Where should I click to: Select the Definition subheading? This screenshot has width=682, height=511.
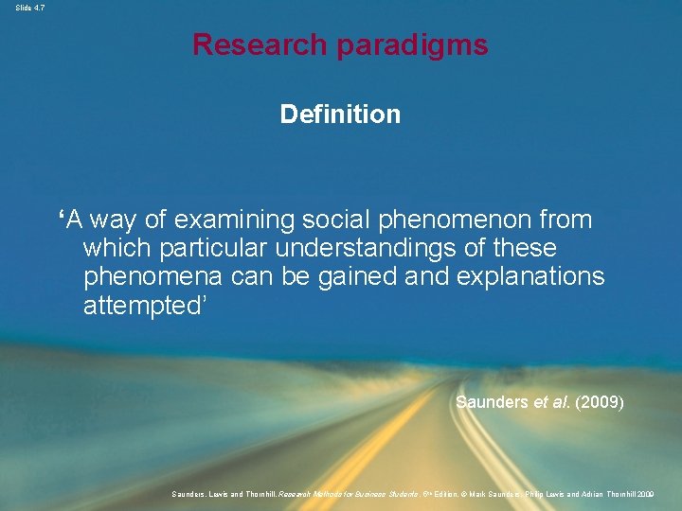point(340,115)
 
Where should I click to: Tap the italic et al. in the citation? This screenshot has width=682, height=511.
point(553,402)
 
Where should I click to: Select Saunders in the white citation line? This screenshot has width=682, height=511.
point(492,402)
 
